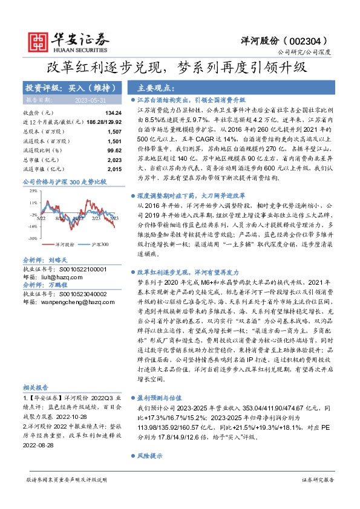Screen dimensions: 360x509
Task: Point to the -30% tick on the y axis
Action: pos(32,238)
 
